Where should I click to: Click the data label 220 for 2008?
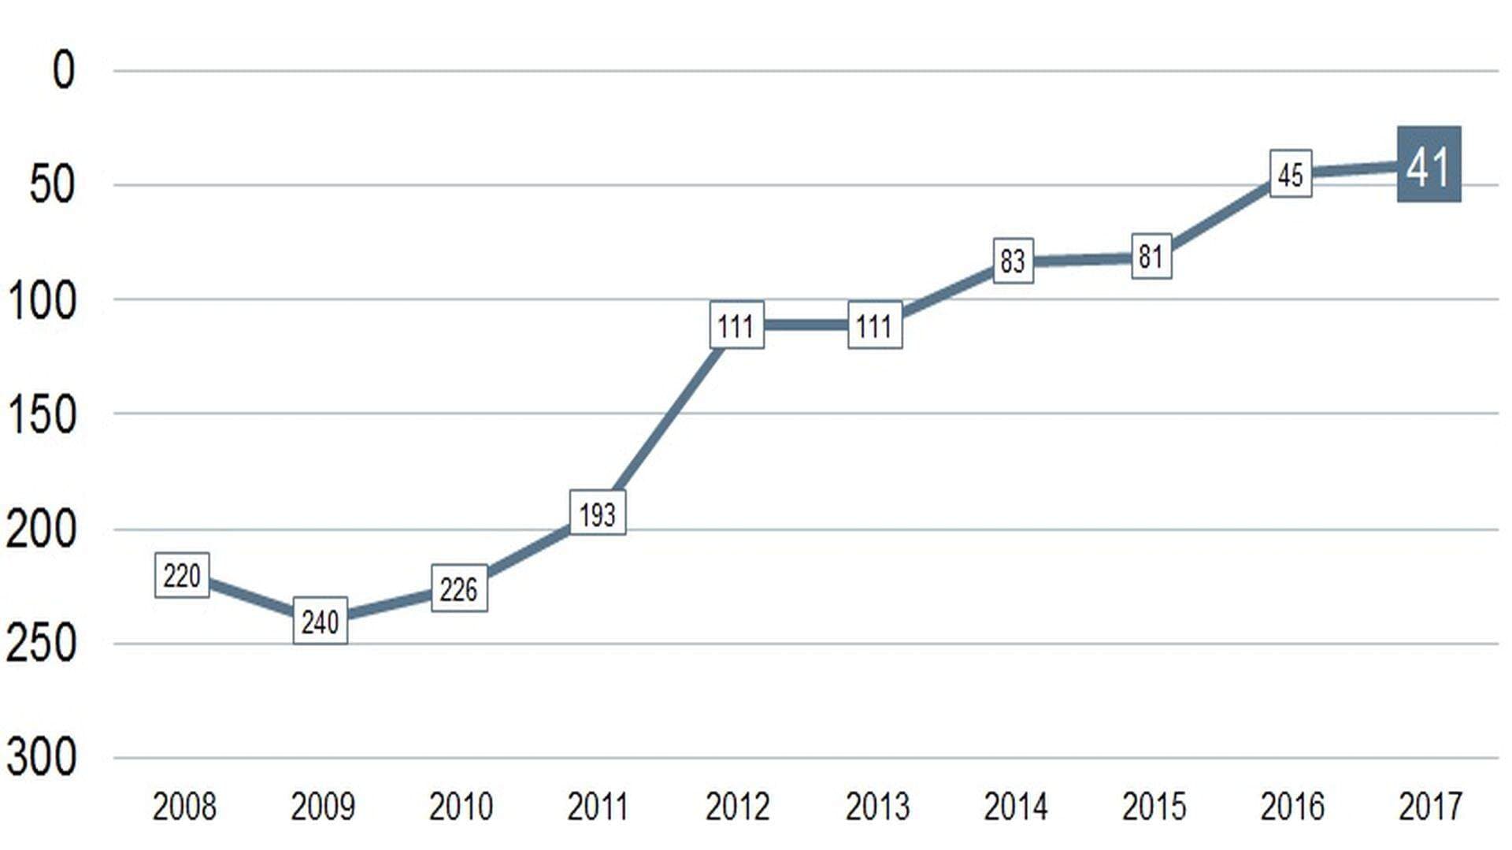tap(182, 576)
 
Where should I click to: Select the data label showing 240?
tap(320, 622)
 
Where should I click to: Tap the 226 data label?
tap(459, 588)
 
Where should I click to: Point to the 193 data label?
tap(597, 514)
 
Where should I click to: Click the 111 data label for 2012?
tap(736, 325)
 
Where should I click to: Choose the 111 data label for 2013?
tap(874, 325)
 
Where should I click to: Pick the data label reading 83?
tap(1013, 261)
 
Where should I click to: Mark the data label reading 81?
tap(1151, 256)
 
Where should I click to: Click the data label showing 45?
tap(1290, 174)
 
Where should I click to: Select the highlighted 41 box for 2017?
tap(1429, 165)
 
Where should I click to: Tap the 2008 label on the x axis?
tap(183, 807)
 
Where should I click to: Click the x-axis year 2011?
tap(598, 807)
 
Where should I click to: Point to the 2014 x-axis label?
tap(1015, 807)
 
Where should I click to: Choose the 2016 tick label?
tap(1292, 807)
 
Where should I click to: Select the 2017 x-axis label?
tap(1430, 807)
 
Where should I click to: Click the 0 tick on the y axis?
tap(63, 70)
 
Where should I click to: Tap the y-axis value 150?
tap(42, 414)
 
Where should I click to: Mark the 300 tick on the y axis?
tap(42, 757)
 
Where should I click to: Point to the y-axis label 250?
tap(42, 643)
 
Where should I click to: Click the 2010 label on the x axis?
tap(461, 807)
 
